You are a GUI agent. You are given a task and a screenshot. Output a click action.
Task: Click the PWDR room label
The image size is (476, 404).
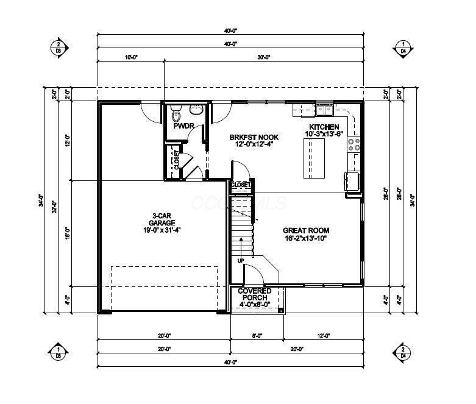point(183,127)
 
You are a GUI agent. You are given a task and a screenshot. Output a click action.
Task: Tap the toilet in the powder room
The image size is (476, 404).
point(177,113)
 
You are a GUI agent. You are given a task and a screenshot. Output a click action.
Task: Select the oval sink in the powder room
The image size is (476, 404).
point(196,110)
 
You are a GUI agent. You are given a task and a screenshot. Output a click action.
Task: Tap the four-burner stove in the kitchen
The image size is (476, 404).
point(354,144)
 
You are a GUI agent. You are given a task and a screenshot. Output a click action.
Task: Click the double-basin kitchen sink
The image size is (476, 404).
point(323,110)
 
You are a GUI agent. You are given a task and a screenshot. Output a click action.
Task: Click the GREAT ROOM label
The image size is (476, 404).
point(306,230)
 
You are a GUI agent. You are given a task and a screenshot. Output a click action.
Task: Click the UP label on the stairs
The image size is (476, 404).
point(241,260)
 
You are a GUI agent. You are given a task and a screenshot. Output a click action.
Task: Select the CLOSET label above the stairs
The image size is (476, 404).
point(241,184)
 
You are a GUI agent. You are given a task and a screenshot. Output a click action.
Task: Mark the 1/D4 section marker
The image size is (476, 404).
point(403,48)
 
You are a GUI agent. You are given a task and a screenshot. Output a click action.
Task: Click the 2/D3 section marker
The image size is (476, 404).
point(59,48)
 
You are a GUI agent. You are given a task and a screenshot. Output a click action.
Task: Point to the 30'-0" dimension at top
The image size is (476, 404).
point(263,57)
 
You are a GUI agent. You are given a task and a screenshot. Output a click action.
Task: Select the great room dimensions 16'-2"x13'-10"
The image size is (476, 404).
point(306,238)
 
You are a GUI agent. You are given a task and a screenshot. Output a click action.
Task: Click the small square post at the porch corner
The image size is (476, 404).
point(281,310)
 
